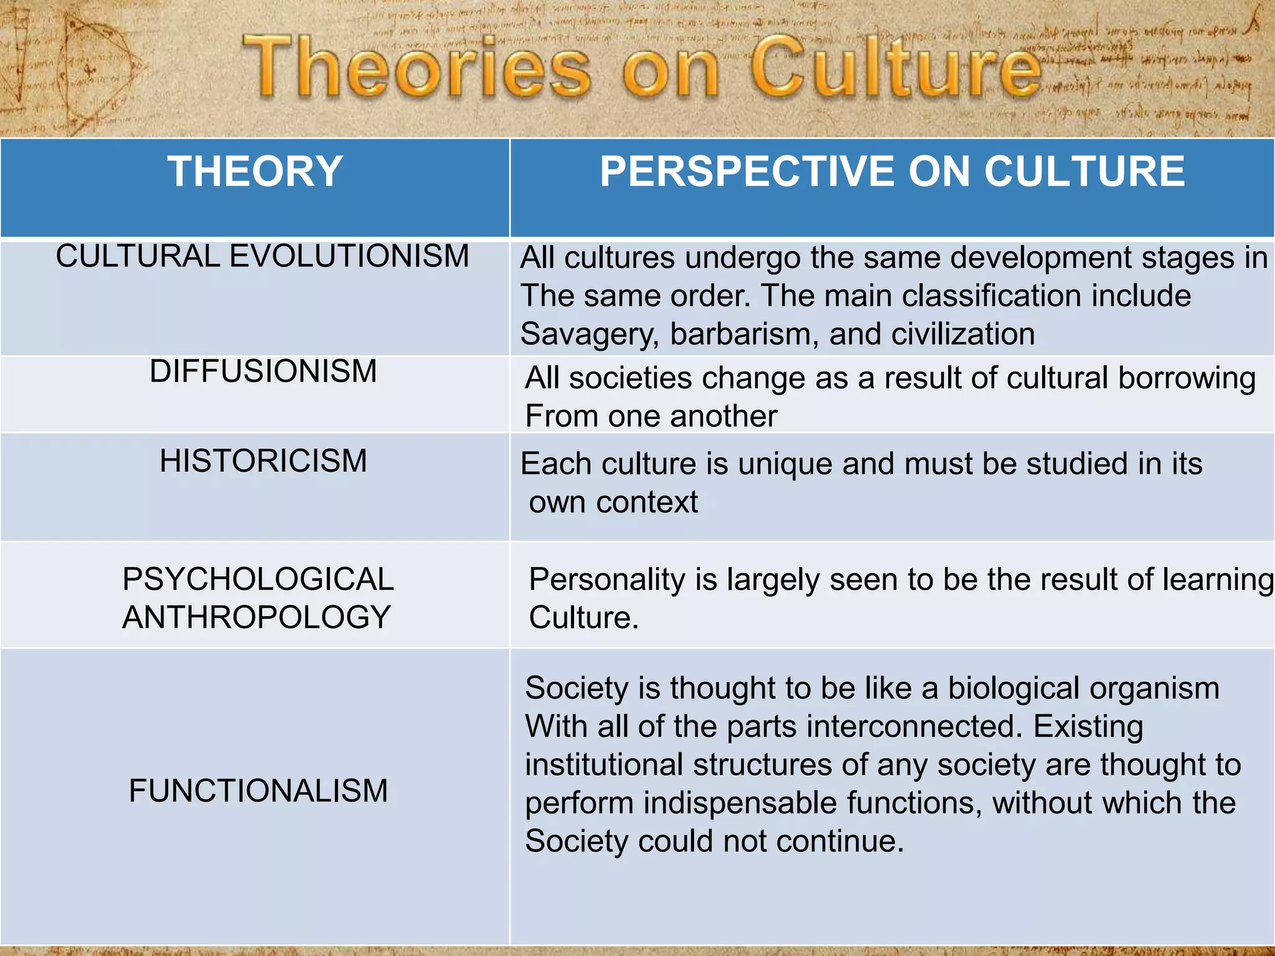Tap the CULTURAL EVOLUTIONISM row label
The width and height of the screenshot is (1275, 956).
[262, 256]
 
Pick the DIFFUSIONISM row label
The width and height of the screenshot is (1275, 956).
[263, 372]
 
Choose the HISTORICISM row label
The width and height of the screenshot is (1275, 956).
[263, 461]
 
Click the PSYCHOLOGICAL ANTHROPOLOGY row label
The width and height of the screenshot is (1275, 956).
[257, 598]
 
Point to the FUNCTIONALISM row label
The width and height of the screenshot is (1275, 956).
[258, 791]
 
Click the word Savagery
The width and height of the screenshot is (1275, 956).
[589, 334]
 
